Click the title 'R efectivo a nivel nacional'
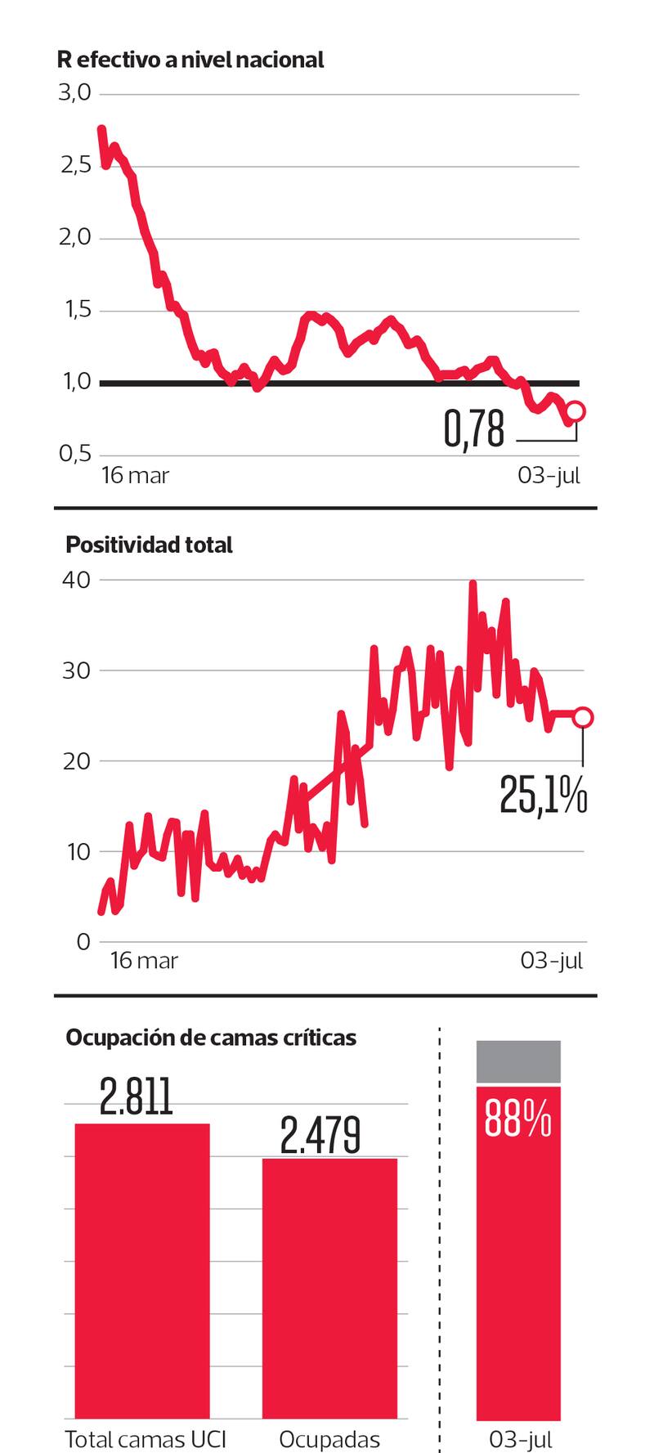190,60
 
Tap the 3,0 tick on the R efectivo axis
74,93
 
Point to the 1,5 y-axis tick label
74,311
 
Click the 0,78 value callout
474,429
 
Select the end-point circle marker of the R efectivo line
576,411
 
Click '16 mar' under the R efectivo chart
135,476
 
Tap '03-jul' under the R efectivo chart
549,476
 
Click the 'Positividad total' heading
149,545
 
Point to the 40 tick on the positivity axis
75,580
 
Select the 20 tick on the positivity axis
75,761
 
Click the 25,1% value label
543,795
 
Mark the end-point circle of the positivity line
583,717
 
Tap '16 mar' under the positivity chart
144,960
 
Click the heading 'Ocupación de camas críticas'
211,1038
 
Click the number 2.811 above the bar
137,1097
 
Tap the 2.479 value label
320,1134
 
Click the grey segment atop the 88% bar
518,1061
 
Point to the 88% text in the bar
518,1119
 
